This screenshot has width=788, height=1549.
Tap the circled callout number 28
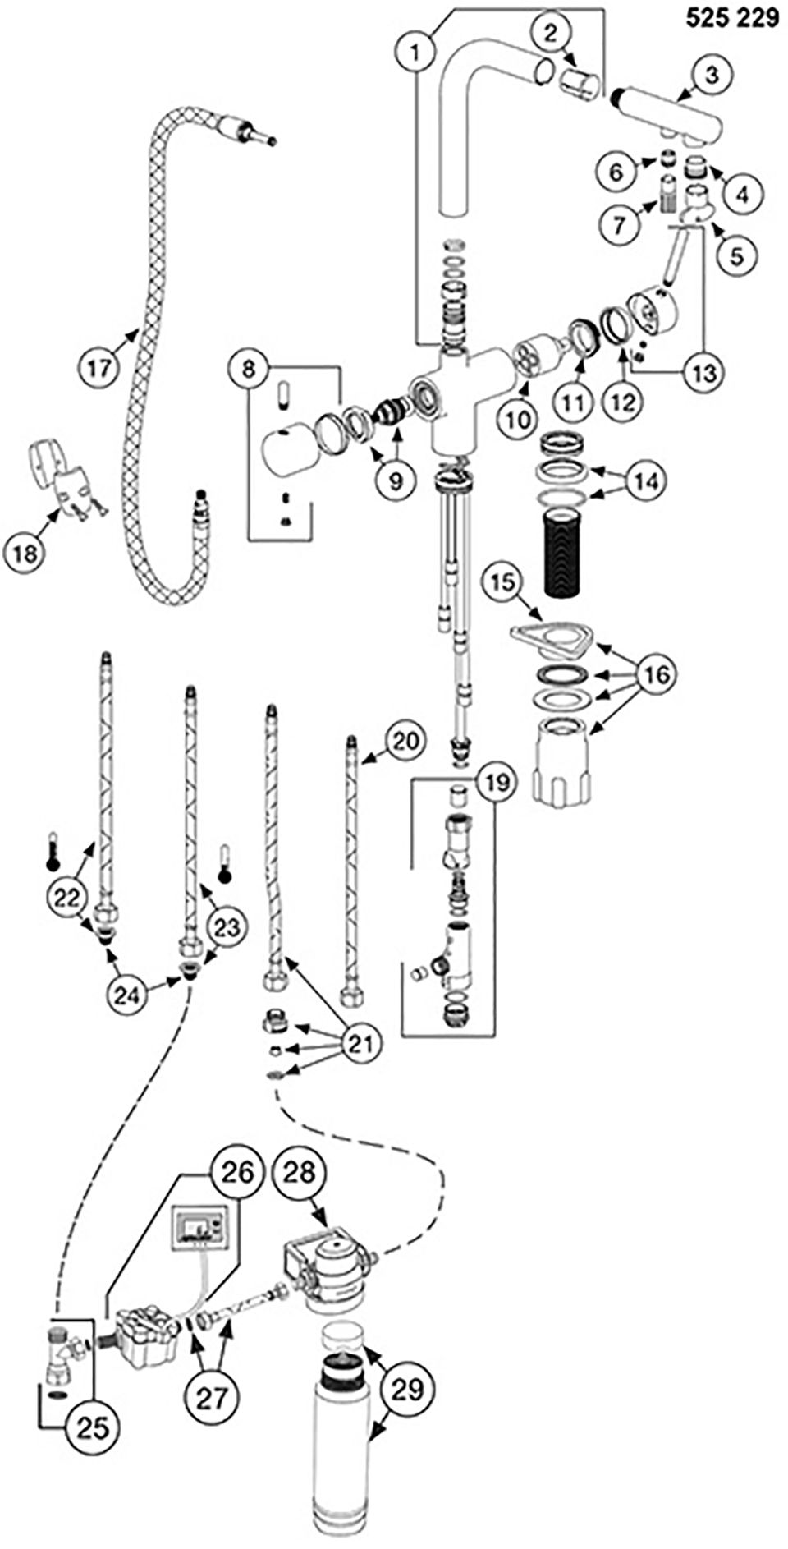tap(299, 1173)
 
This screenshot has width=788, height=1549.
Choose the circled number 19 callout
tap(496, 783)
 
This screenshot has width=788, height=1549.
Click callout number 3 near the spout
tap(711, 75)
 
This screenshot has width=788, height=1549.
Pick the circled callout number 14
tap(646, 482)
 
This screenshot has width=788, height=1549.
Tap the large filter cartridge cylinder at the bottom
tap(346, 1446)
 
